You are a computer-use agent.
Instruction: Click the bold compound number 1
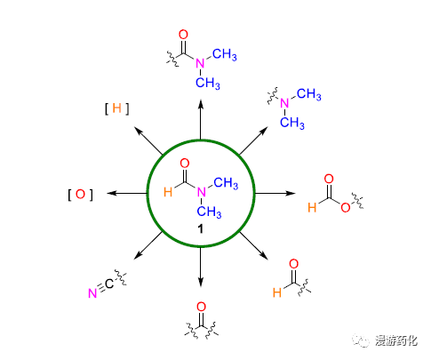pyautogui.click(x=201, y=228)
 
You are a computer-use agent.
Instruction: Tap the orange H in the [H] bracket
pyautogui.click(x=117, y=108)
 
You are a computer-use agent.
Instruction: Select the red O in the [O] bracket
pyautogui.click(x=80, y=195)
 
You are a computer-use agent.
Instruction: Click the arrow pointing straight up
pyautogui.click(x=201, y=119)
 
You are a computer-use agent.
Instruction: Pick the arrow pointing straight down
pyautogui.click(x=201, y=267)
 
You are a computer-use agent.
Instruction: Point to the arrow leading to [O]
pyautogui.click(x=127, y=194)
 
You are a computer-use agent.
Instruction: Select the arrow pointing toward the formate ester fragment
pyautogui.click(x=275, y=194)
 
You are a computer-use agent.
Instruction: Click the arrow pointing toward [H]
pyautogui.click(x=148, y=140)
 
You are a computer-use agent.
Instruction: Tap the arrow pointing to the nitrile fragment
pyautogui.click(x=148, y=245)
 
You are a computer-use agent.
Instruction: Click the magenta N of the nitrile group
pyautogui.click(x=92, y=293)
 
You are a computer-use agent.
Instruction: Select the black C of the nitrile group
pyautogui.click(x=109, y=284)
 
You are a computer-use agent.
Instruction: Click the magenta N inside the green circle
pyautogui.click(x=202, y=192)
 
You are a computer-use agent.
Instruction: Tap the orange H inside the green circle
pyautogui.click(x=168, y=192)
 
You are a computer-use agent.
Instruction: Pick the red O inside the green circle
pyautogui.click(x=185, y=164)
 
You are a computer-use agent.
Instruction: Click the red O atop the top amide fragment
pyautogui.click(x=183, y=35)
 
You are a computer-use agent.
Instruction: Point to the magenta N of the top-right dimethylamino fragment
pyautogui.click(x=284, y=103)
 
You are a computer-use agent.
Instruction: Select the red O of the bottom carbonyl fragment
pyautogui.click(x=201, y=307)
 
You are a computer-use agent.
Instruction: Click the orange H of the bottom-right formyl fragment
pyautogui.click(x=277, y=292)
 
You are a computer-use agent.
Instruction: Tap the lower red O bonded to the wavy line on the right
pyautogui.click(x=346, y=207)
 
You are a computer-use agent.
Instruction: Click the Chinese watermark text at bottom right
pyautogui.click(x=396, y=340)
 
